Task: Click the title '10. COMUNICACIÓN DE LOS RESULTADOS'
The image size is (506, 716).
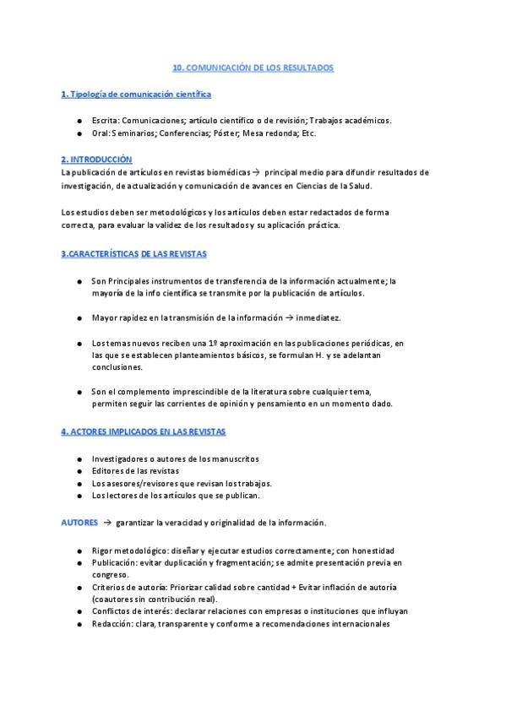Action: coord(253,67)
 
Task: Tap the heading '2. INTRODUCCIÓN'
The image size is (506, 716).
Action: coord(96,159)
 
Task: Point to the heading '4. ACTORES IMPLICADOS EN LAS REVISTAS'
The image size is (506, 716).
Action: coord(143,431)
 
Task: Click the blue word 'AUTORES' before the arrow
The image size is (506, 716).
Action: coord(80,523)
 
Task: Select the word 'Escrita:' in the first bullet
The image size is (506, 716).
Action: coord(108,120)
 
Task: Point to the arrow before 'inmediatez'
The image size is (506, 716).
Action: coord(287,317)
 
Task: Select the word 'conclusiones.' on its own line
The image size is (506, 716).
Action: coord(117,367)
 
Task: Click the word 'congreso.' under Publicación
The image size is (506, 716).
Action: coord(110,574)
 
